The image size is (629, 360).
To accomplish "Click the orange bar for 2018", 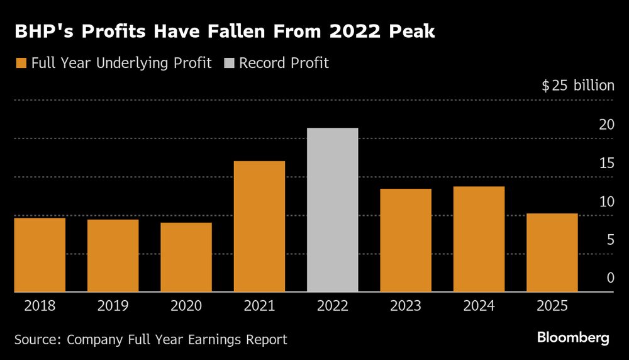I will pos(40,255).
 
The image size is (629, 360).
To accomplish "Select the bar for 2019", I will pos(113,256).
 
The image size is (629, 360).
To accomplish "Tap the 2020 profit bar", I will pos(186,257).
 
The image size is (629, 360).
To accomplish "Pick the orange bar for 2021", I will pos(259,227).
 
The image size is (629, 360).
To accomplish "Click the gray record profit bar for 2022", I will pos(332,210).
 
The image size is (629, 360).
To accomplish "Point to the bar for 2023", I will pos(406,240).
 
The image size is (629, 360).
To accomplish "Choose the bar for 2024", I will pos(479,239).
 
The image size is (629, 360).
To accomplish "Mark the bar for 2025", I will pos(552,253).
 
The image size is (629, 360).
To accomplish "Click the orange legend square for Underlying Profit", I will pos(21,64).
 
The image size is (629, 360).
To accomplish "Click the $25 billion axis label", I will pos(577,86).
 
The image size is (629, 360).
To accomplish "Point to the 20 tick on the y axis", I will pos(606,125).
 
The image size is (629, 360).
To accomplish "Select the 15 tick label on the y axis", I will pos(606,163).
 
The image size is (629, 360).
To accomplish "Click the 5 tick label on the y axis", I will pos(610,240).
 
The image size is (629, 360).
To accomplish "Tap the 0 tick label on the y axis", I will pos(610,278).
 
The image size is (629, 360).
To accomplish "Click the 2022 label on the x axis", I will pos(332,307).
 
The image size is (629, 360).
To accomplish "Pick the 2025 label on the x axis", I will pos(552,307).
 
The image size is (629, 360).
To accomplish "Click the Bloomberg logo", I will pos(573,338).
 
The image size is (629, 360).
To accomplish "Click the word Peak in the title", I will pos(411,31).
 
